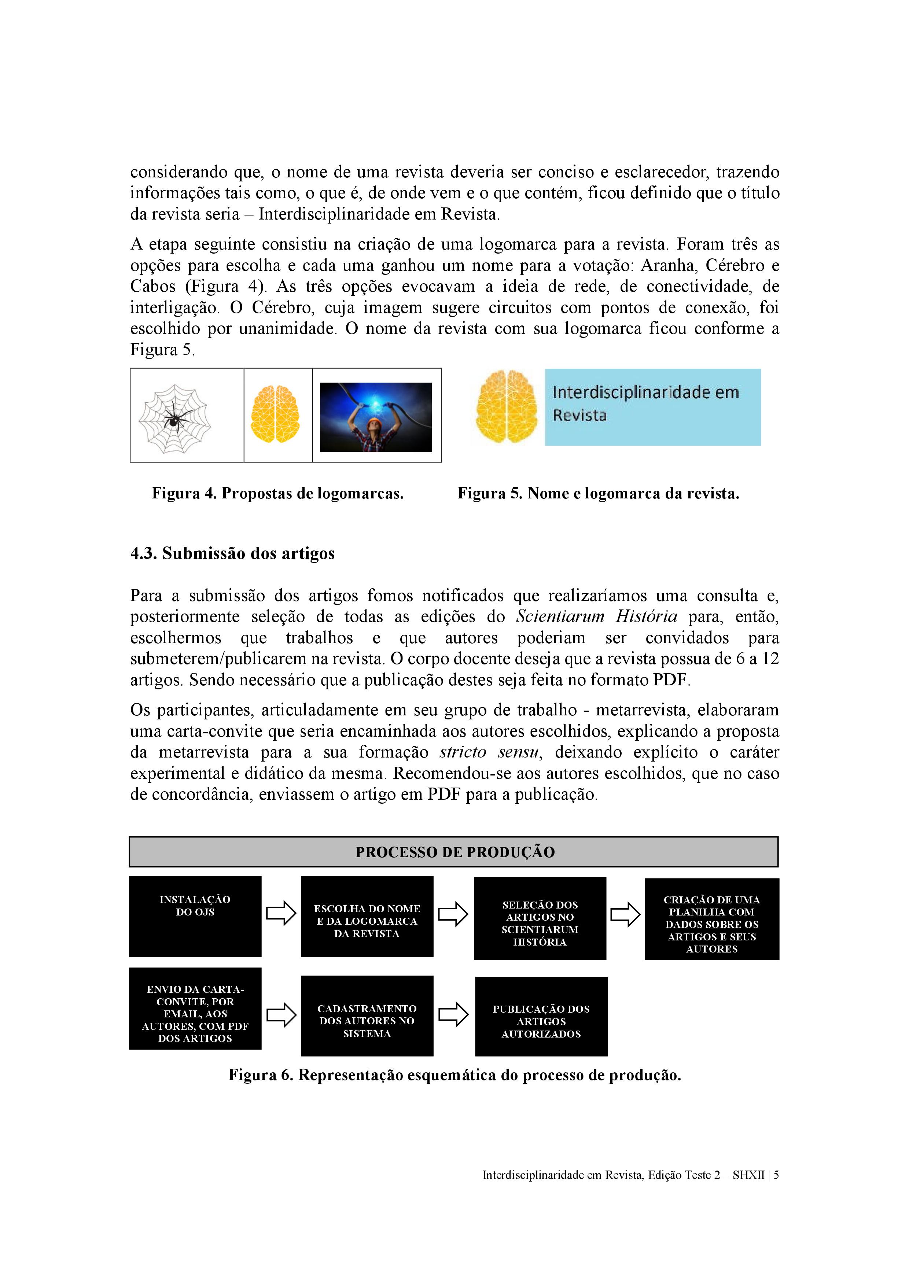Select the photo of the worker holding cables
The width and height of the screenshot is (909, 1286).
(375, 417)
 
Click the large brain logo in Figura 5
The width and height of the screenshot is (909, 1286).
(506, 407)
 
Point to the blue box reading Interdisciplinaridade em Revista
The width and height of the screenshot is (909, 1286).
(652, 407)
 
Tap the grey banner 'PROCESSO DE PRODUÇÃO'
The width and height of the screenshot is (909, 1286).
(454, 852)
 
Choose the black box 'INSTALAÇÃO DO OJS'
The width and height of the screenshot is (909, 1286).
(195, 916)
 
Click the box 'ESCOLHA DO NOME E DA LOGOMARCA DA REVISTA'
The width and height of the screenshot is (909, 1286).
(367, 916)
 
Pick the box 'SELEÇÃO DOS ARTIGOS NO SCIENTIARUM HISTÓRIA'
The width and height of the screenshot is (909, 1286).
(540, 918)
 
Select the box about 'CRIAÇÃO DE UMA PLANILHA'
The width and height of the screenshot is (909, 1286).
(711, 919)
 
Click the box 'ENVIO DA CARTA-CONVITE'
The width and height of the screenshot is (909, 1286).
(195, 1008)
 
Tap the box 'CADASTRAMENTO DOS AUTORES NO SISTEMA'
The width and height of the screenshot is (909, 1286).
(367, 1016)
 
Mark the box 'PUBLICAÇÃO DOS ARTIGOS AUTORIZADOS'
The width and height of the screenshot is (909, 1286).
(541, 1016)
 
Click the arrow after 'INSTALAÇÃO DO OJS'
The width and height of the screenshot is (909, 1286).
(281, 914)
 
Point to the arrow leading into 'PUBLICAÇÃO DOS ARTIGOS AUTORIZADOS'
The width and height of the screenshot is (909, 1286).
(453, 1014)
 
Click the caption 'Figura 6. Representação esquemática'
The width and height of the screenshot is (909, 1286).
(454, 1075)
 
